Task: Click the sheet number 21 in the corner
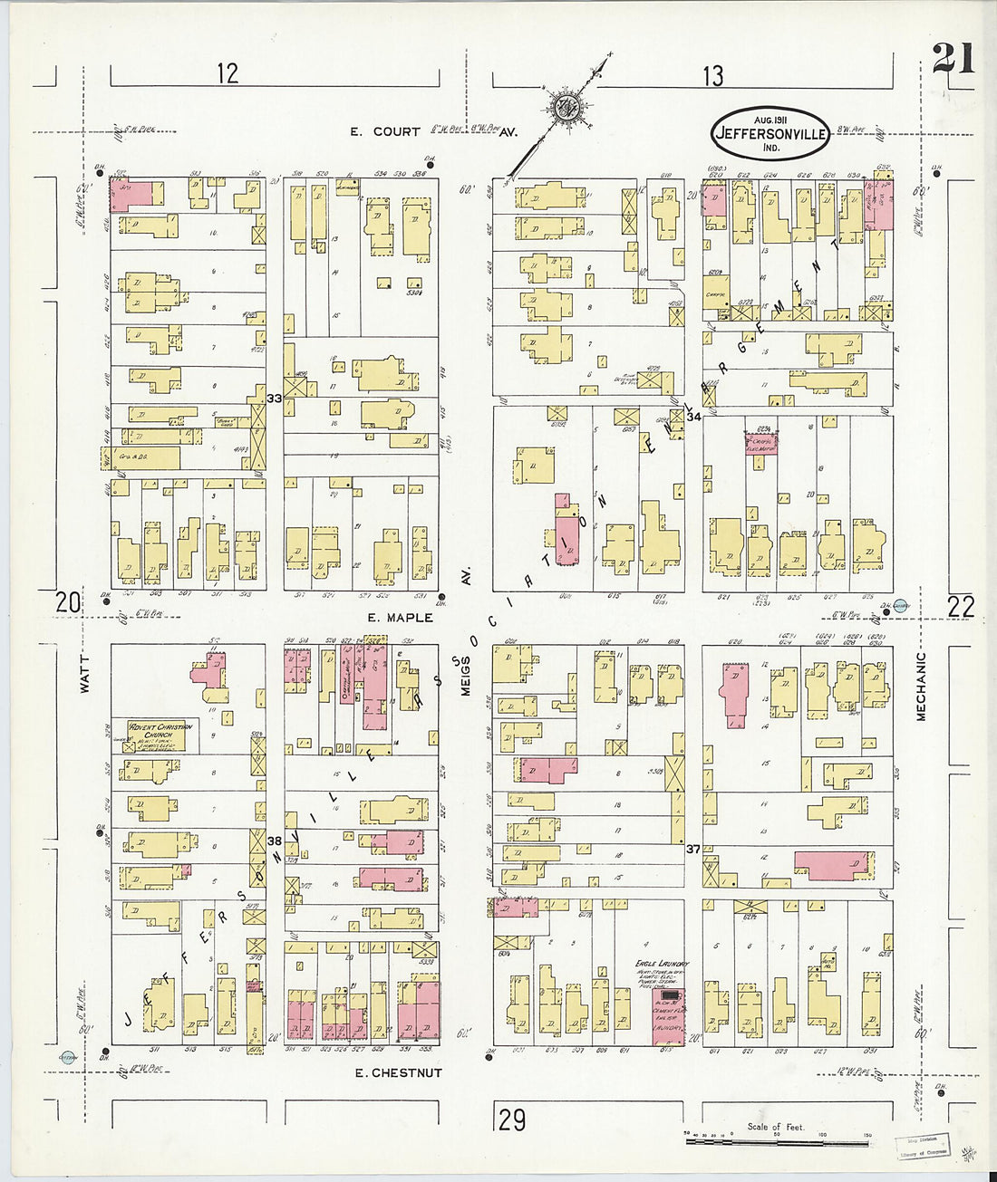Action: [x=953, y=60]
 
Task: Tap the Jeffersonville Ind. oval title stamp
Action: [x=770, y=133]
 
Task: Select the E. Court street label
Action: [x=385, y=132]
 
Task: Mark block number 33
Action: [x=274, y=399]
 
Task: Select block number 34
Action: [x=694, y=417]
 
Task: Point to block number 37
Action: [x=692, y=849]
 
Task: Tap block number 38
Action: [x=274, y=841]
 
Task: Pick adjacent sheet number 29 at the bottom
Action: [x=511, y=1120]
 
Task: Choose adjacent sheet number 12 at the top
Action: [x=227, y=73]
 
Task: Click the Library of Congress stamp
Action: [x=923, y=1146]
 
